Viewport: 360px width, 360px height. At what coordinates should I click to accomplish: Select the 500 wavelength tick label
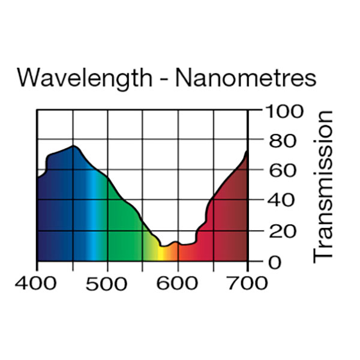click(x=107, y=283)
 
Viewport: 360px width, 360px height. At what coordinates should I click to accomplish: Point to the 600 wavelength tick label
click(x=177, y=283)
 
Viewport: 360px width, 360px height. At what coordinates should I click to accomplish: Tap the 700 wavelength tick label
click(x=247, y=283)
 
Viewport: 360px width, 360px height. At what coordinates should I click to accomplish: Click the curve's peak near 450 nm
click(x=74, y=146)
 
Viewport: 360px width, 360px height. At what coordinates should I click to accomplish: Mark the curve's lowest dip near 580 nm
click(x=163, y=246)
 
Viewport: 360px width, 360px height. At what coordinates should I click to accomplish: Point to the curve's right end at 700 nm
click(x=247, y=151)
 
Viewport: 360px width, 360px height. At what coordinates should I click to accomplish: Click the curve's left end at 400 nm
click(x=38, y=178)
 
